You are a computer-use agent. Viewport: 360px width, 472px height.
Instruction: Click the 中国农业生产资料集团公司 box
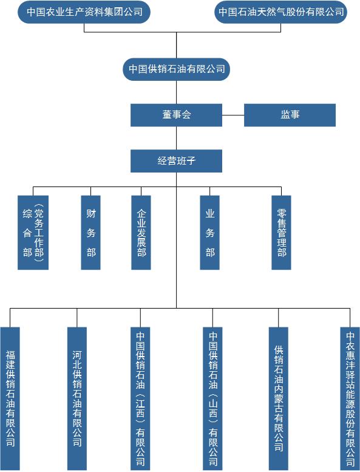[84, 12]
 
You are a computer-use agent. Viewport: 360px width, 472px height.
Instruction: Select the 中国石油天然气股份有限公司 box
[281, 12]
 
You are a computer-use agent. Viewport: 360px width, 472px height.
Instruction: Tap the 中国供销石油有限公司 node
[176, 69]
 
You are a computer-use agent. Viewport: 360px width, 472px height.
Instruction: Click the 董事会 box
[176, 115]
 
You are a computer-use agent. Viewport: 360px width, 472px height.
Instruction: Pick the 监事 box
[290, 115]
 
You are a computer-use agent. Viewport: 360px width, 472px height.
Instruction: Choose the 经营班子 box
[176, 161]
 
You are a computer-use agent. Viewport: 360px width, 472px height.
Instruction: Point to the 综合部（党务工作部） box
[33, 233]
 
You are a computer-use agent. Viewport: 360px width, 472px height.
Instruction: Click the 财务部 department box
[91, 233]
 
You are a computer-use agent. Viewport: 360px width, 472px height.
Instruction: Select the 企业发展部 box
[141, 233]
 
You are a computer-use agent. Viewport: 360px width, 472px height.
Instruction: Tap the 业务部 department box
[210, 233]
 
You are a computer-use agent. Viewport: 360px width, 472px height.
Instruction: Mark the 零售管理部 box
[282, 233]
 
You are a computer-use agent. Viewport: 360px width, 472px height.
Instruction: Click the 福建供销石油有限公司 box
[10, 398]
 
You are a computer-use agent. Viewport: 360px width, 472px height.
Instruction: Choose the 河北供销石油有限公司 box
[77, 398]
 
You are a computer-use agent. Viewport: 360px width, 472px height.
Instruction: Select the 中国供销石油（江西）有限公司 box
[140, 398]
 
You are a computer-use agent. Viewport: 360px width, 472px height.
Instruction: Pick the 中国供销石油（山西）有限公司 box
[212, 398]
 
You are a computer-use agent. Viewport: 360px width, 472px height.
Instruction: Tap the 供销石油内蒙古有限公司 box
[279, 398]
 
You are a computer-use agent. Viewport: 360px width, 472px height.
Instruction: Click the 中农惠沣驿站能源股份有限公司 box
[350, 398]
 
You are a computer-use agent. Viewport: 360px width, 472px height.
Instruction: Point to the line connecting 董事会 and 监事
[233, 115]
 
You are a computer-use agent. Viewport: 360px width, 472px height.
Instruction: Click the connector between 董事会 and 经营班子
[176, 138]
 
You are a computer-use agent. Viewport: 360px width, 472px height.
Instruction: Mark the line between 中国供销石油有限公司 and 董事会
[176, 92]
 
